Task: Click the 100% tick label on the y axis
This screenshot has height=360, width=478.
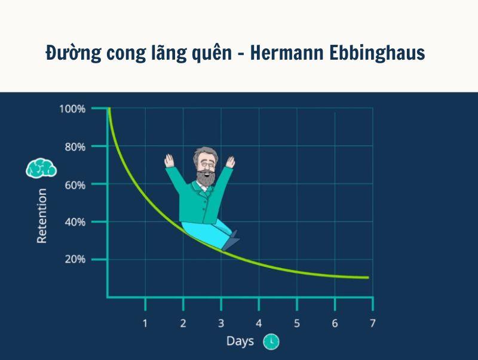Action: click(x=72, y=109)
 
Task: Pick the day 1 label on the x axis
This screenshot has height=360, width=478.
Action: click(x=145, y=323)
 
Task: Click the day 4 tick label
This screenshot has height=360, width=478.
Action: click(x=259, y=323)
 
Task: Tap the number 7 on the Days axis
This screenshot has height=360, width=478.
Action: click(x=372, y=323)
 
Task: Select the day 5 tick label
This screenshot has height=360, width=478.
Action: click(x=297, y=323)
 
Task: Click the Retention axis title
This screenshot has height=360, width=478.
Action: click(x=42, y=216)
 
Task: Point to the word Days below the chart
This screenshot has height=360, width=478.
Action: click(x=240, y=341)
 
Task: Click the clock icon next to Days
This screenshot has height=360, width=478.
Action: click(x=271, y=341)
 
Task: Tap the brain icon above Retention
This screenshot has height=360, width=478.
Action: click(x=41, y=168)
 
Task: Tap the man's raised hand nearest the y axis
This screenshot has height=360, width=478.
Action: click(x=169, y=161)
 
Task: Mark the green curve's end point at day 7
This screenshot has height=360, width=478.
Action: click(x=367, y=278)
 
